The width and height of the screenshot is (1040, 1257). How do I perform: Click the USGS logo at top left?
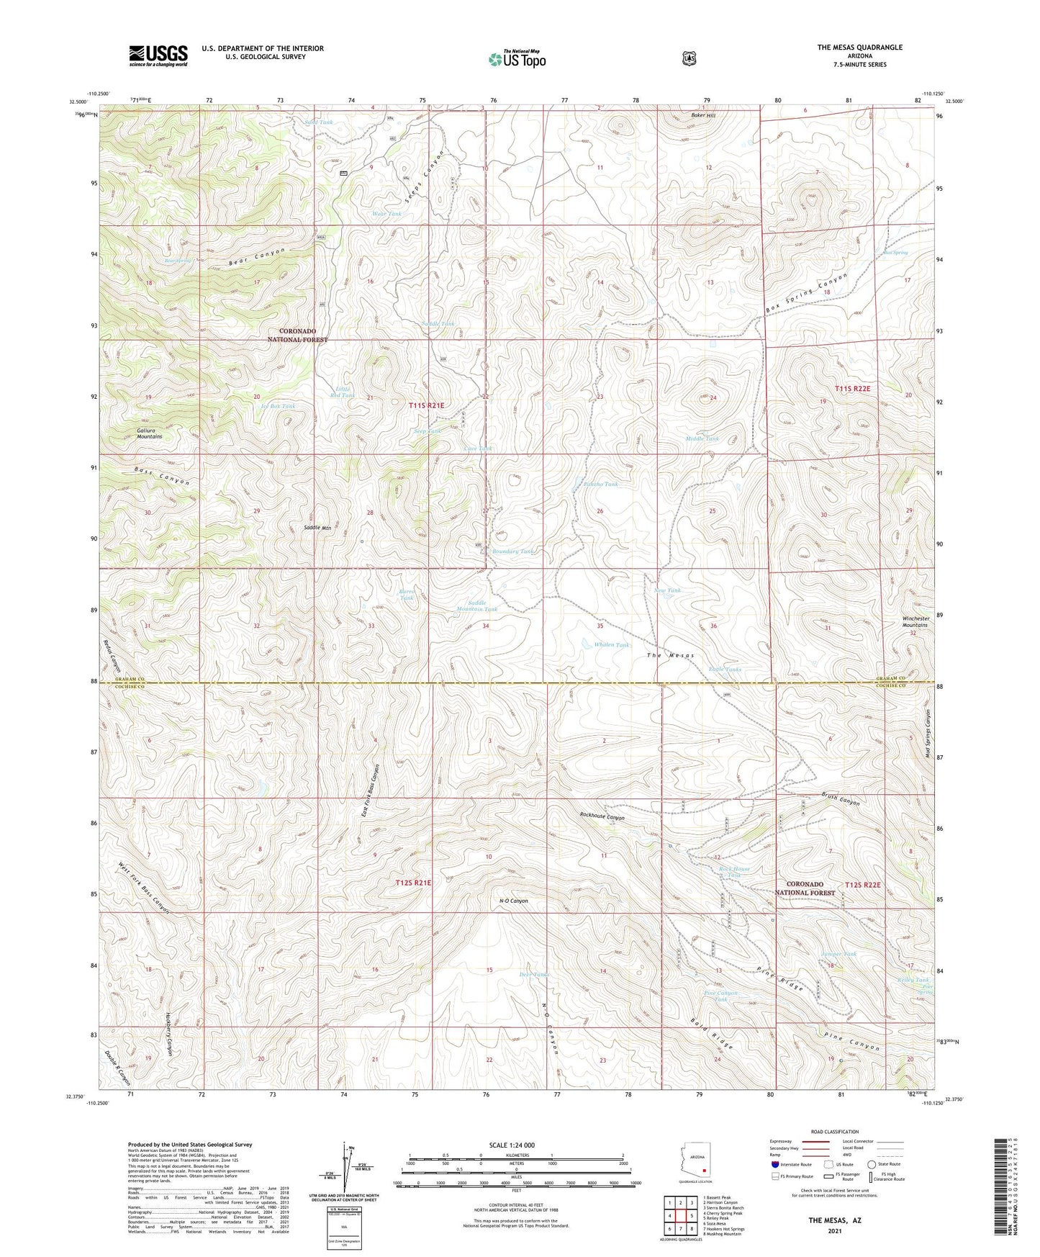pyautogui.click(x=158, y=55)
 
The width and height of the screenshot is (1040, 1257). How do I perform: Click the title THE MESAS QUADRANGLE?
pyautogui.click(x=859, y=48)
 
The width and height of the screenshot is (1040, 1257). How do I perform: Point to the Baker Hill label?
pyautogui.click(x=703, y=115)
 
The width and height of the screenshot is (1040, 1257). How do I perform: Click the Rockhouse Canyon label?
pyautogui.click(x=602, y=817)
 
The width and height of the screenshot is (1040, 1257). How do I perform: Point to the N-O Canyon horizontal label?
pyautogui.click(x=513, y=901)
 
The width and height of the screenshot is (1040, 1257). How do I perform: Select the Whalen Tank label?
pyautogui.click(x=612, y=645)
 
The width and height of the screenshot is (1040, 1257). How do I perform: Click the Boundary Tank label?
pyautogui.click(x=512, y=551)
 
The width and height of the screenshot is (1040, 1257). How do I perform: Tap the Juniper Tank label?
pyautogui.click(x=838, y=955)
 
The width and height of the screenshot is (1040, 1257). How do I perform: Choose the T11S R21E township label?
pyautogui.click(x=427, y=406)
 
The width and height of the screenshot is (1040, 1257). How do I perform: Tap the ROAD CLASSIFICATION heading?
pyautogui.click(x=834, y=1132)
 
